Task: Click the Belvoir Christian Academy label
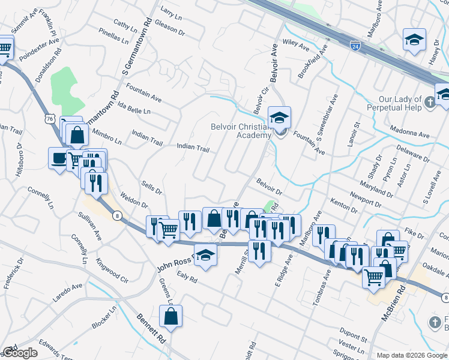[241, 131]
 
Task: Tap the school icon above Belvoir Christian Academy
[279, 118]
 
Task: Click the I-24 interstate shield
[356, 44]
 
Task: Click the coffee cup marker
[59, 158]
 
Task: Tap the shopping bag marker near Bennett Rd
[170, 316]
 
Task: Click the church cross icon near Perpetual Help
[430, 103]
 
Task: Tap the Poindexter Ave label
[38, 51]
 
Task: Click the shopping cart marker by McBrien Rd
[373, 277]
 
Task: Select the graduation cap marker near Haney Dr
[414, 40]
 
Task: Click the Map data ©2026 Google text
[412, 355]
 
